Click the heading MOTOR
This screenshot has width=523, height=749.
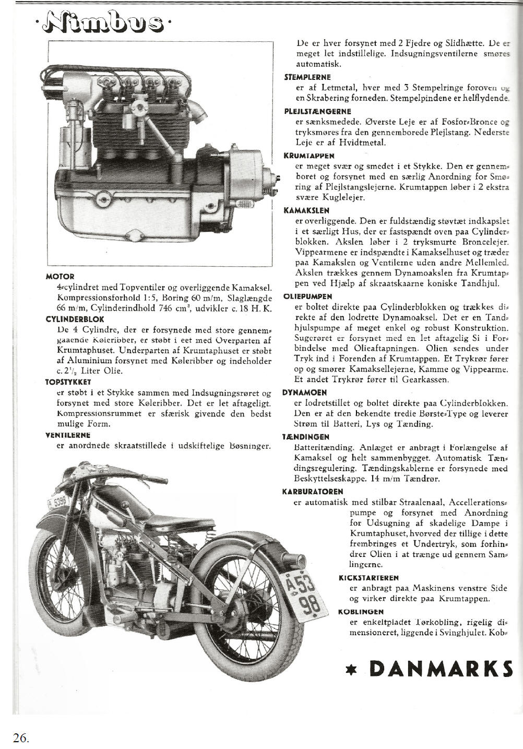[60, 276]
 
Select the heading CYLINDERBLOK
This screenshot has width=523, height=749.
[75, 319]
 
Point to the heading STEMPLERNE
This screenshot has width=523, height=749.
[307, 77]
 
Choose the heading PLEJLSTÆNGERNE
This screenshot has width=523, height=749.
[317, 111]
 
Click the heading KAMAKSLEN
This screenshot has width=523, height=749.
[306, 211]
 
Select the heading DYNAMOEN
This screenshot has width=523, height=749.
[305, 393]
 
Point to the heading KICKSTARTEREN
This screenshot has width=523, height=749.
[369, 578]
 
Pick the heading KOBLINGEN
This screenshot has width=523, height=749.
[361, 612]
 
